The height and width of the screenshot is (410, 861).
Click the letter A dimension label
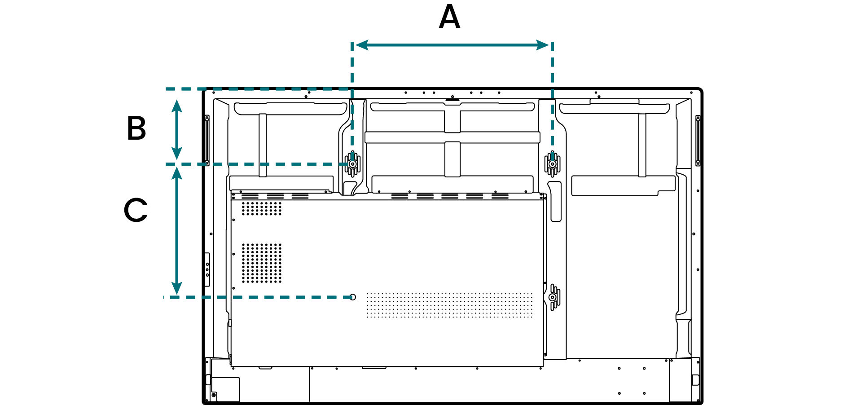pyautogui.click(x=449, y=17)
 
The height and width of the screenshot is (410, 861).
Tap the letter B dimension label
pyautogui.click(x=136, y=128)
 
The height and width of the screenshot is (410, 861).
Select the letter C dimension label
pyautogui.click(x=136, y=210)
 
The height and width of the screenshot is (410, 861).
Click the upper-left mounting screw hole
pyautogui.click(x=353, y=164)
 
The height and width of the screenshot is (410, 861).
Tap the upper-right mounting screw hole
pyautogui.click(x=552, y=164)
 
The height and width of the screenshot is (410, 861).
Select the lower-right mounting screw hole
pyautogui.click(x=552, y=297)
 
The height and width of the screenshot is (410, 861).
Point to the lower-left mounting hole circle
pyautogui.click(x=353, y=297)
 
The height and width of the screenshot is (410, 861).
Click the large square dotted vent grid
pyautogui.click(x=262, y=263)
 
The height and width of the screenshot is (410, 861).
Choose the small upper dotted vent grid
pyautogui.click(x=262, y=208)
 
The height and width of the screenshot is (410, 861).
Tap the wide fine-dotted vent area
pyautogui.click(x=449, y=305)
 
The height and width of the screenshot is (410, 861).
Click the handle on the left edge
pyautogui.click(x=207, y=140)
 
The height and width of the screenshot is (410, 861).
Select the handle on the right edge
pyautogui.click(x=698, y=140)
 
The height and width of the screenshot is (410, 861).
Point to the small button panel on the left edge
pyautogui.click(x=207, y=269)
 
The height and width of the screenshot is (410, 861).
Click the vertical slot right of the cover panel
pyautogui.click(x=556, y=202)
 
